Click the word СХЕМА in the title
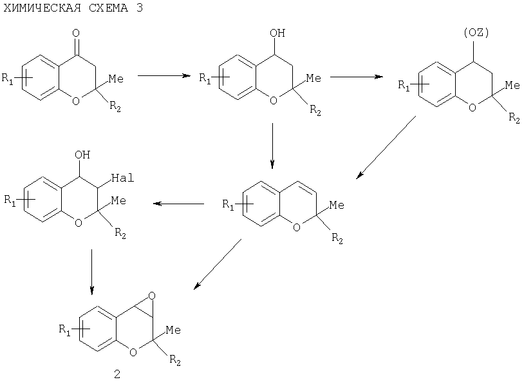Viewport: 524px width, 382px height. tap(108, 8)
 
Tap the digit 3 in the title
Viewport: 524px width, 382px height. tap(139, 8)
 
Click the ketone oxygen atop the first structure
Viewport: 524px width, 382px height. tap(76, 33)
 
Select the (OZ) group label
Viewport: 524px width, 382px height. tap(476, 32)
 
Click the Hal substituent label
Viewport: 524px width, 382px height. tap(123, 178)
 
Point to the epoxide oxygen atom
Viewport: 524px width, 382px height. tap(152, 296)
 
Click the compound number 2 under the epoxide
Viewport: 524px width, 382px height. tap(117, 374)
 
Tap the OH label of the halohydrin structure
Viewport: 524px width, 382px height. tap(82, 155)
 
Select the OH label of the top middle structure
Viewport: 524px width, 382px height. tap(277, 33)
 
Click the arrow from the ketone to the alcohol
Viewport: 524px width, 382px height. tap(164, 75)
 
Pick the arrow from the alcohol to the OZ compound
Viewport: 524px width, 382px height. tap(357, 77)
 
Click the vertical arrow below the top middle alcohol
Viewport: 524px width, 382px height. tap(272, 146)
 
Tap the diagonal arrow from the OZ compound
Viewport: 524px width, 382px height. tap(386, 148)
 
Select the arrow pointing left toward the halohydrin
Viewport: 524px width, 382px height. tap(179, 204)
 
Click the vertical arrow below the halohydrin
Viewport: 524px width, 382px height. tap(92, 272)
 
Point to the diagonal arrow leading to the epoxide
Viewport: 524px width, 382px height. tap(218, 264)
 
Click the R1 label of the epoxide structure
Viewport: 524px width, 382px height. tap(65, 329)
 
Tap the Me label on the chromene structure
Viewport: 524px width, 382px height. tap(337, 205)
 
